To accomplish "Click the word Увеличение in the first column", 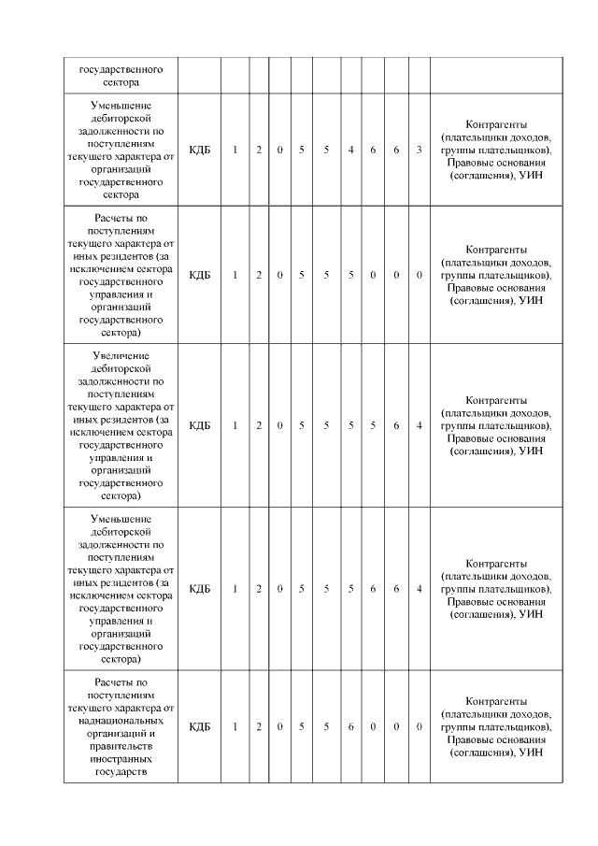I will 122,356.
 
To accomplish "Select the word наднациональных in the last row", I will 122,722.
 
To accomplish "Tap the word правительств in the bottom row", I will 122,748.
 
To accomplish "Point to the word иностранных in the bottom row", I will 122,761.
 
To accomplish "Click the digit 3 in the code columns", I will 420,150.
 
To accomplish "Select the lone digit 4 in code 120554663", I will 350,150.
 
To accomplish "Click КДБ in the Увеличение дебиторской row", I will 200,425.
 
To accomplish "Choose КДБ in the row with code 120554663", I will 200,150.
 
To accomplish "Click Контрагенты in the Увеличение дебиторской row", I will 496,399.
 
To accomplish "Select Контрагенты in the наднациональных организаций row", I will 496,701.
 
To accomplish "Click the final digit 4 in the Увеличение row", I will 420,425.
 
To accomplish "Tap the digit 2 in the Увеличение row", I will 259,425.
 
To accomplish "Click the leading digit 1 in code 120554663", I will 235,150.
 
